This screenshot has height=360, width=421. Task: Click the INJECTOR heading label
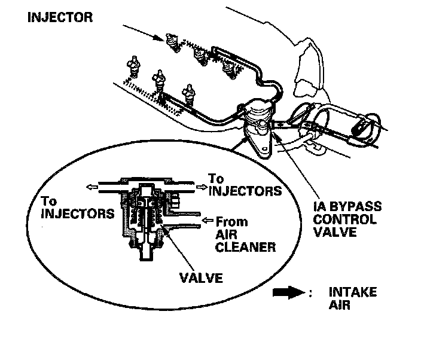60,17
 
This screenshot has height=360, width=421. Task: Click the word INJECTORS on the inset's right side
245,191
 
